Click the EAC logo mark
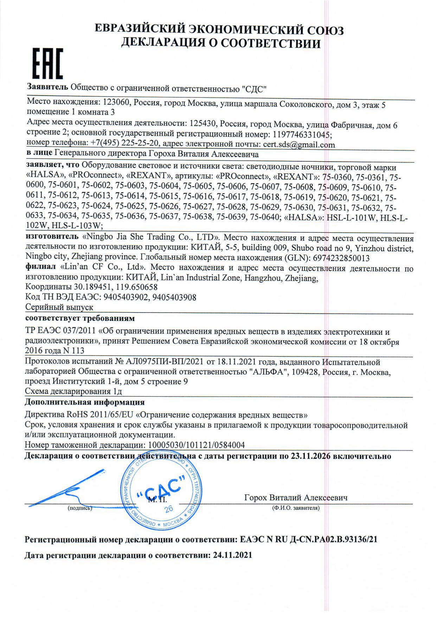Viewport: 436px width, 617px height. tap(47, 64)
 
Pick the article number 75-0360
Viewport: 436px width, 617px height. tap(337, 177)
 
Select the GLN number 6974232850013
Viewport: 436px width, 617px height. tap(341, 258)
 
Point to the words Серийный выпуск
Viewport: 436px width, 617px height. tap(59, 307)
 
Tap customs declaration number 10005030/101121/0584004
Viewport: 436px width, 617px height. tap(196, 445)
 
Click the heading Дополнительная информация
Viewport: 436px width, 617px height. tap(84, 402)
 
